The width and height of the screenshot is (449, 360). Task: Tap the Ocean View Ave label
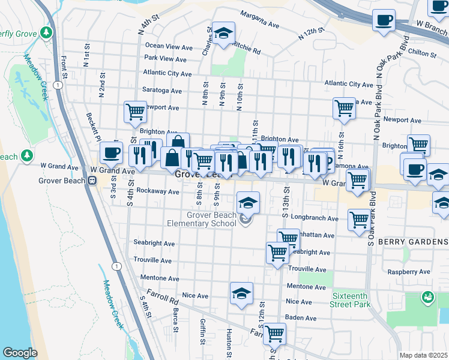click(169, 46)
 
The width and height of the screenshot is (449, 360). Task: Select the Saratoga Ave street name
click(162, 91)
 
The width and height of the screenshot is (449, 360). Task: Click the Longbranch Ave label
click(312, 216)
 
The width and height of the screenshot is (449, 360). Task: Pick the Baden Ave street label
click(301, 318)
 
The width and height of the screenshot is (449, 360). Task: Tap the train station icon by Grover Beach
click(92, 180)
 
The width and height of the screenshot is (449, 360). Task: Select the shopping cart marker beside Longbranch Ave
click(358, 219)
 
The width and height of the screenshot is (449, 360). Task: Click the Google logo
click(20, 353)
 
